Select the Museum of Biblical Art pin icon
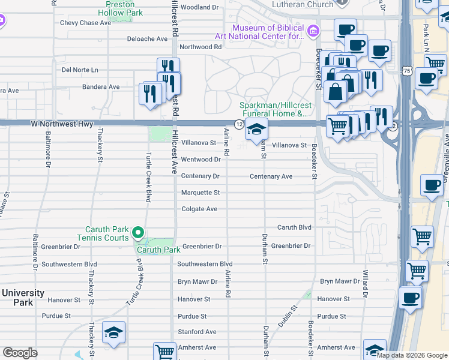[313, 31]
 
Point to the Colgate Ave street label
[199, 209]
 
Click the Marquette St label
[200, 193]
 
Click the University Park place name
[23, 298]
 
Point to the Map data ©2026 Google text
[412, 355]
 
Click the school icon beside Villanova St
[256, 128]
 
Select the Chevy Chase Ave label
[86, 23]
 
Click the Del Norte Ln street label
[80, 70]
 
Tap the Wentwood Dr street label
[201, 160]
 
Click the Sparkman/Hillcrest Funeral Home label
[275, 109]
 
